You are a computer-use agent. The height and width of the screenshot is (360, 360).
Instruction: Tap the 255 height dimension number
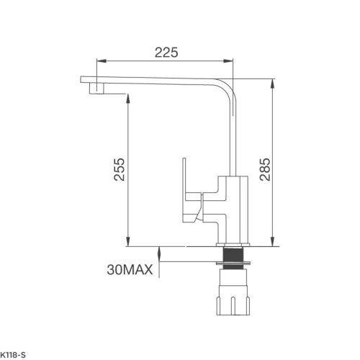[120, 171]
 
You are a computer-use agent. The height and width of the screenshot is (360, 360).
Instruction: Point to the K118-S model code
[14, 355]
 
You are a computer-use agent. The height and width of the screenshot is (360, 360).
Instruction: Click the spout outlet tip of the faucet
[94, 90]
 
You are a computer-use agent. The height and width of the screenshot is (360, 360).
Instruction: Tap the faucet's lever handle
[186, 186]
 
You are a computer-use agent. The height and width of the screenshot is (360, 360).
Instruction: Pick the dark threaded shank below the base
[233, 256]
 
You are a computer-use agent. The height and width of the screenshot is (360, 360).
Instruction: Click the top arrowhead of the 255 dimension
[128, 96]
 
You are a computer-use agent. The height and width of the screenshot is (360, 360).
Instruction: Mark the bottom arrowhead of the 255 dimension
[128, 242]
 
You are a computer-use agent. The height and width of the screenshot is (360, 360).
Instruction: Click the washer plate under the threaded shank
[234, 267]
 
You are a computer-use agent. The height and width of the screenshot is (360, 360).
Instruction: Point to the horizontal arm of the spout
[158, 80]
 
